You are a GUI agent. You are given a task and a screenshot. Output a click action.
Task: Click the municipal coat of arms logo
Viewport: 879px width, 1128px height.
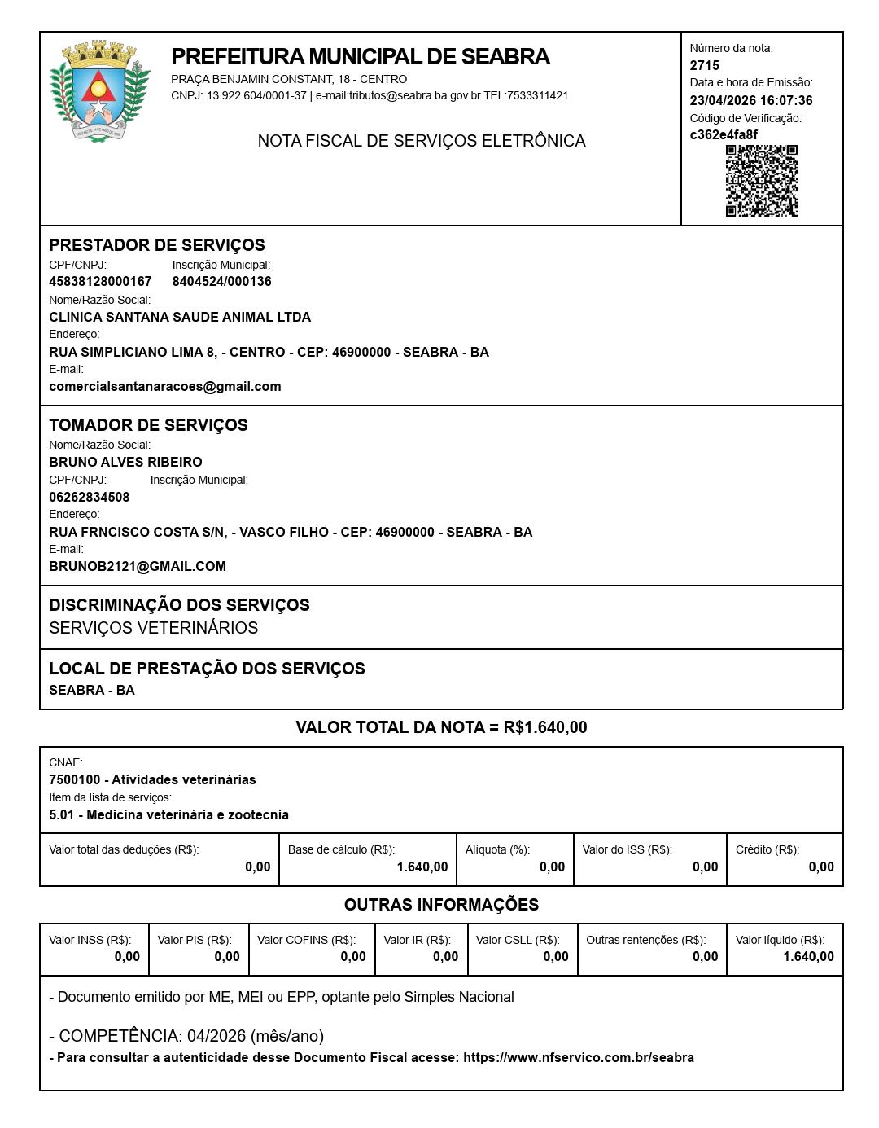pos(99,90)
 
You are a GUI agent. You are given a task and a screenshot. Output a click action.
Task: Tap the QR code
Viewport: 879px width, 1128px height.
pos(761,181)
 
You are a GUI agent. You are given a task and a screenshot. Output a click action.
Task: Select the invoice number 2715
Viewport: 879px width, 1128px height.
pos(705,66)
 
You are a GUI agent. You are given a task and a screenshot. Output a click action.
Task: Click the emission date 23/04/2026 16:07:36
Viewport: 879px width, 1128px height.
pos(750,101)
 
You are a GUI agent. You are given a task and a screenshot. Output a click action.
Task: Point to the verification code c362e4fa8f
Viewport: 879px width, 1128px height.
pos(724,135)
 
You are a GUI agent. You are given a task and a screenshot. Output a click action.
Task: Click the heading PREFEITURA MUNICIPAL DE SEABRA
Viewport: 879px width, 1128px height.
pos(361,57)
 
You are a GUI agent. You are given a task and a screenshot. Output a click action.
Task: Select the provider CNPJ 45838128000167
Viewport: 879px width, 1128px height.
pos(100,282)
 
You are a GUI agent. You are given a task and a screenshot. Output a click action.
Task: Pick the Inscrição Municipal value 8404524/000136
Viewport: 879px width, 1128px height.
pos(221,282)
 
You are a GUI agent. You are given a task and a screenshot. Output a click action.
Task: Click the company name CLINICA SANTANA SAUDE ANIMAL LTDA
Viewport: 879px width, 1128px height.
pos(180,318)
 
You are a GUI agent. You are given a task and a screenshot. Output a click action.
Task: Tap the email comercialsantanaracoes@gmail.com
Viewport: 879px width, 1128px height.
pos(165,387)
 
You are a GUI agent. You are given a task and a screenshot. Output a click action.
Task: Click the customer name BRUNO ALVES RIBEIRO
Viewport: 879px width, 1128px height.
pos(125,463)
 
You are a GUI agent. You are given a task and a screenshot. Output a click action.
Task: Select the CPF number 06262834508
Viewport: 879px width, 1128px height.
pos(90,498)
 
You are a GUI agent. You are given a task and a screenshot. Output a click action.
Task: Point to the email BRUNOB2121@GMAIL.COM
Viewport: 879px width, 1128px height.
pos(138,567)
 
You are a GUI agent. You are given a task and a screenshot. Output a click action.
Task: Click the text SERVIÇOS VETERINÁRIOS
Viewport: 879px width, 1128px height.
pos(153,628)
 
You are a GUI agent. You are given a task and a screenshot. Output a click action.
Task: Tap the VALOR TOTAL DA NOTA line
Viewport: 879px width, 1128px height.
pos(441,727)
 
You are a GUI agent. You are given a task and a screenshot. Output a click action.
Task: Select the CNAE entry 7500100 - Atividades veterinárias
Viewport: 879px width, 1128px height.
pos(152,780)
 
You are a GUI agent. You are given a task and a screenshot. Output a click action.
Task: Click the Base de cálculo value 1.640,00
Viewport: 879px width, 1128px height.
pos(422,867)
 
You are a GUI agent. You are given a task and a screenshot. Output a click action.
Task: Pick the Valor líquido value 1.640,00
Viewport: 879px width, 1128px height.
pos(808,957)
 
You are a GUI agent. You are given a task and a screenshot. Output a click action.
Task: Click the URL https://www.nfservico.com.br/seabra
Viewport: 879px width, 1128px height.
pos(579,1058)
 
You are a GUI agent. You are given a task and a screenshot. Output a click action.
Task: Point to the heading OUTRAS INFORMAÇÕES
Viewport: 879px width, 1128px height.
pos(441,905)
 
